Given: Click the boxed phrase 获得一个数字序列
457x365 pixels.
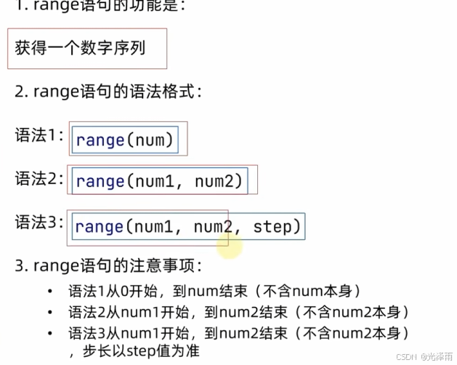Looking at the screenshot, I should (80, 49).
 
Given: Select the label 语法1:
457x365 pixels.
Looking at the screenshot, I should (39, 135).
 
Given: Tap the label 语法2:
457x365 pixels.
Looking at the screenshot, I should (39, 178).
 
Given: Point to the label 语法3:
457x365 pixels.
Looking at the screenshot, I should (39, 222).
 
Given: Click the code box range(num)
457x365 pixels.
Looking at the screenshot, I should (125, 140).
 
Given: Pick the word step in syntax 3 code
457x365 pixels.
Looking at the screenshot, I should (272, 227).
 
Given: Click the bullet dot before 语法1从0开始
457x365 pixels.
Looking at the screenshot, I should (49, 292).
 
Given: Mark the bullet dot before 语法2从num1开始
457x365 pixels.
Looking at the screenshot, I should (49, 313).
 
